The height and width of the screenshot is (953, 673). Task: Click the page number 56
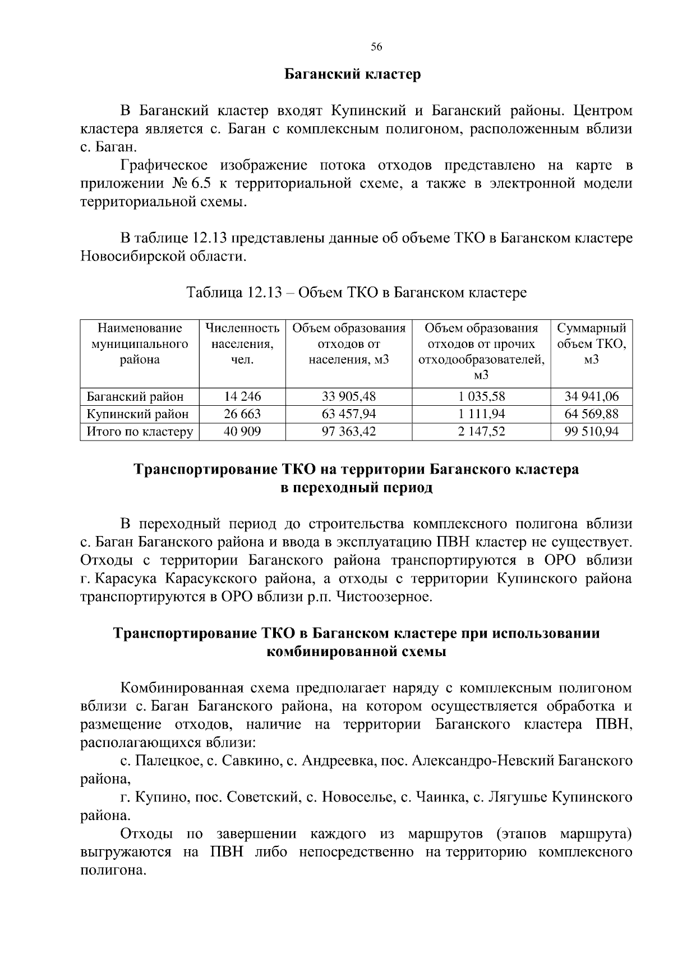(x=376, y=48)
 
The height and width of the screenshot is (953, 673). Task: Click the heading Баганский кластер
(x=352, y=75)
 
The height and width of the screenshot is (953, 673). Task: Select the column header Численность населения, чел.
(x=242, y=343)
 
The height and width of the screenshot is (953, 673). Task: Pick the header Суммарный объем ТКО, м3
(x=591, y=343)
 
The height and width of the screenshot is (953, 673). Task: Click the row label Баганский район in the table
(x=135, y=397)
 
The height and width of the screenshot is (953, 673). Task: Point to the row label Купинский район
(x=137, y=414)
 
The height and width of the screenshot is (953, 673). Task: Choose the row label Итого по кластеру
(x=140, y=432)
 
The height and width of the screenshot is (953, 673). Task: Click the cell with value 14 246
(x=242, y=397)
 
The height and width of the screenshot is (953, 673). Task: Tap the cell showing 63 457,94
(x=349, y=414)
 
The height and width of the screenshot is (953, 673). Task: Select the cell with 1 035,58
(x=481, y=397)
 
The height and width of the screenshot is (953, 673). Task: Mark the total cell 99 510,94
(x=591, y=432)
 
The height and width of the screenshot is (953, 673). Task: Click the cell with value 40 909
(x=242, y=432)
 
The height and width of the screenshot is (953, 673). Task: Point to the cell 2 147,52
(x=481, y=432)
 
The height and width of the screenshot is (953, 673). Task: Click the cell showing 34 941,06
(x=591, y=397)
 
